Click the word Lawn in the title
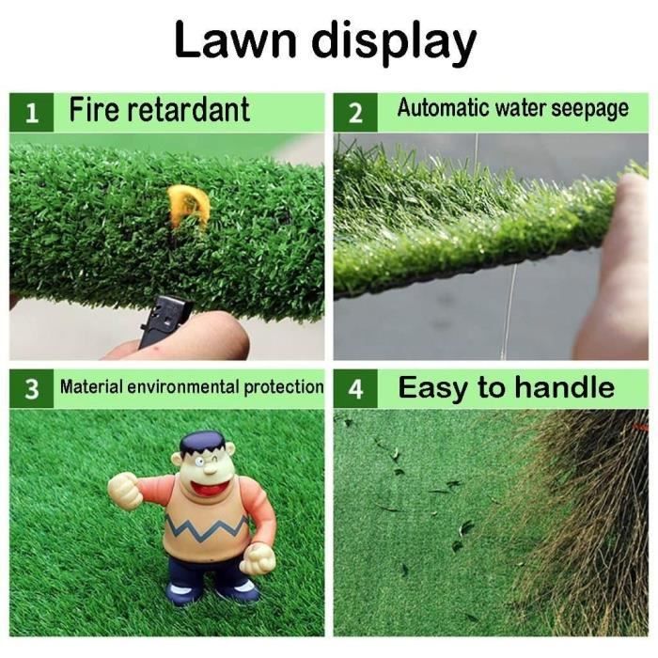pos(235,39)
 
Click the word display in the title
pos(394,43)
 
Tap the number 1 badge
pos(31,113)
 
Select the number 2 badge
pos(355,113)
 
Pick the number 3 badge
pos(31,388)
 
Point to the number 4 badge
pos(355,388)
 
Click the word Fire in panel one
pos(95,109)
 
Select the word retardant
pos(189,109)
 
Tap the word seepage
pos(589,109)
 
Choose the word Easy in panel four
pos(432,388)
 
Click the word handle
pos(564,387)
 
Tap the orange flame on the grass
pos(188,207)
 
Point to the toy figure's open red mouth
pos(209,487)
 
